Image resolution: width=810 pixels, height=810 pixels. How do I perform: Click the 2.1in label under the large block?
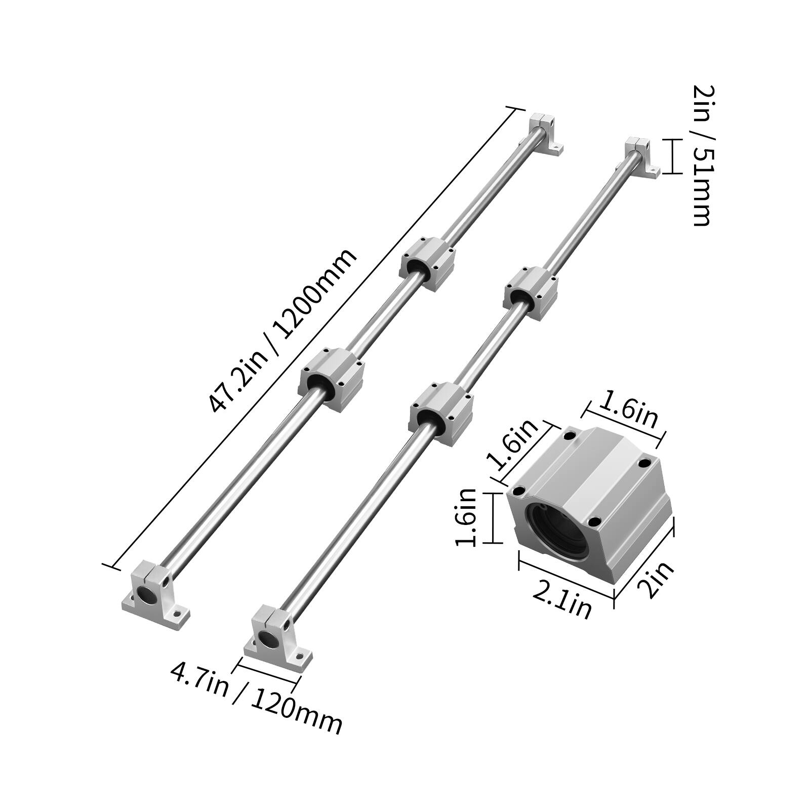(562, 600)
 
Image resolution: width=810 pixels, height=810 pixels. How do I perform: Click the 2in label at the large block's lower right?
(655, 579)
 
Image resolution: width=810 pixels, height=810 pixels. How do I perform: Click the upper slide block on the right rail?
(531, 293)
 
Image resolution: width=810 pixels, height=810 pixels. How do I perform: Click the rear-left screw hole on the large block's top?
(570, 435)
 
